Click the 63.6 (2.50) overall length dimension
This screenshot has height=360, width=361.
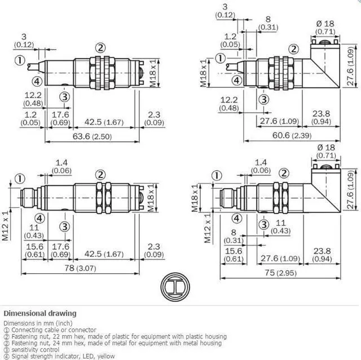pos(92,136)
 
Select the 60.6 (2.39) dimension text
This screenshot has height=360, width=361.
pos(292,135)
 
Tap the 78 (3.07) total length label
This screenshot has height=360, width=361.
pos(80,268)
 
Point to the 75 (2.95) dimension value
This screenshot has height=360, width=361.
pos(280,273)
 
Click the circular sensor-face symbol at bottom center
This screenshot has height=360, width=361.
pos(175,287)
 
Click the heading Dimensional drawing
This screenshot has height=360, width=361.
pos(40,313)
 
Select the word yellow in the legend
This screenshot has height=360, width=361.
pos(106,356)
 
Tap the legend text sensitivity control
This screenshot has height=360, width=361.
pos(35,350)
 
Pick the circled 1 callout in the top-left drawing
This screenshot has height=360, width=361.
pos(20,60)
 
